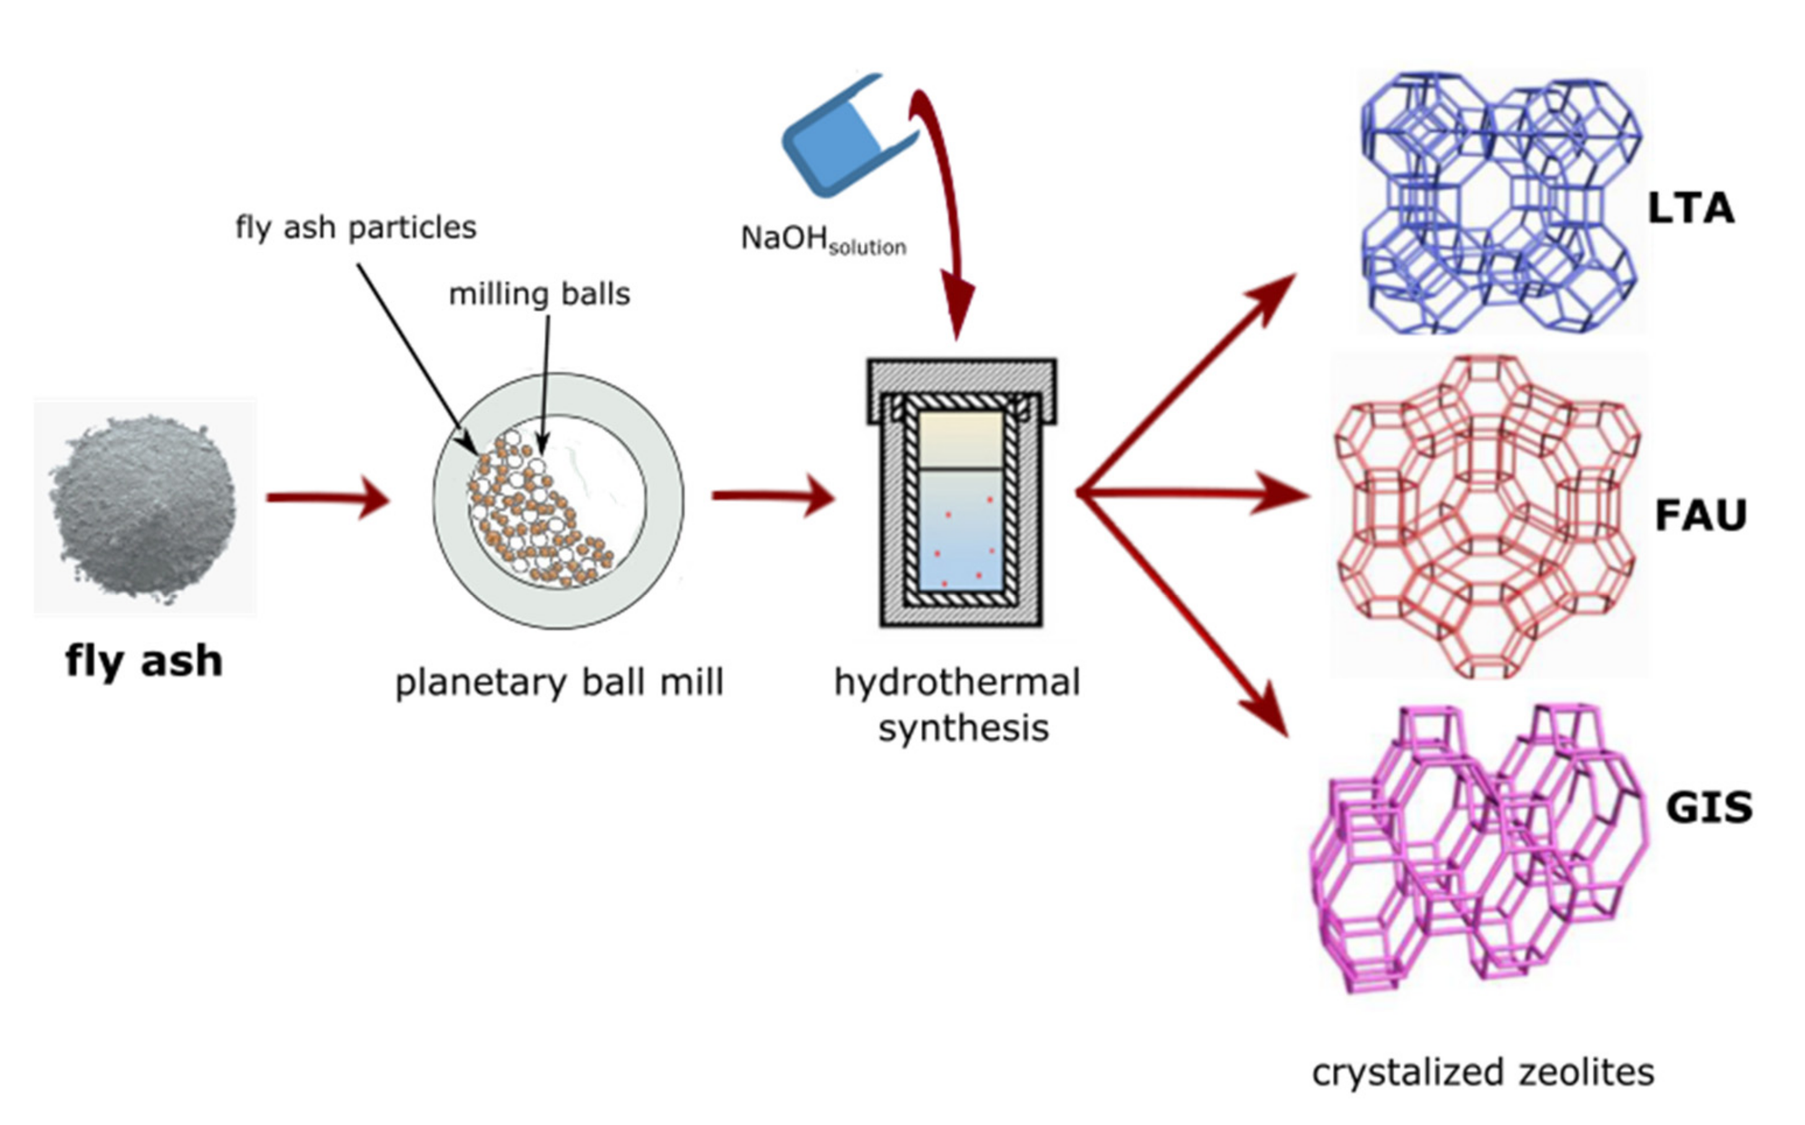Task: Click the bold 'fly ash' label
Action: (x=144, y=661)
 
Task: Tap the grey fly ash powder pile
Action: (x=144, y=507)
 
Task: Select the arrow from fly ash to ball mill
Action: (x=327, y=497)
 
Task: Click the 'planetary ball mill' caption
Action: (x=559, y=682)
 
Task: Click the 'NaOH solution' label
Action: (x=823, y=240)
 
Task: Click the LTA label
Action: (x=1690, y=209)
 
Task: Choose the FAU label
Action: (x=1701, y=515)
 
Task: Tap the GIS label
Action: (x=1708, y=807)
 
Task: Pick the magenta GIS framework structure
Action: (x=1478, y=848)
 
